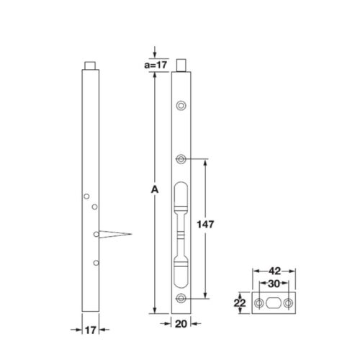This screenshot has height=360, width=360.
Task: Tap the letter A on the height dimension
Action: click(153, 190)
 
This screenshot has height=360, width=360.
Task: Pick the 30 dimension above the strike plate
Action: click(274, 284)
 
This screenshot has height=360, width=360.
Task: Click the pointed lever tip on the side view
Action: click(130, 234)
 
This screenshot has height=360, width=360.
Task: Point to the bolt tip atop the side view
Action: click(90, 64)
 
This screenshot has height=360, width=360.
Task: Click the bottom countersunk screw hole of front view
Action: click(182, 298)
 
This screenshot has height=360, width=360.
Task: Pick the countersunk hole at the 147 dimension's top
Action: click(182, 158)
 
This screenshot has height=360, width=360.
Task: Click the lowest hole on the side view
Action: click(95, 263)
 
